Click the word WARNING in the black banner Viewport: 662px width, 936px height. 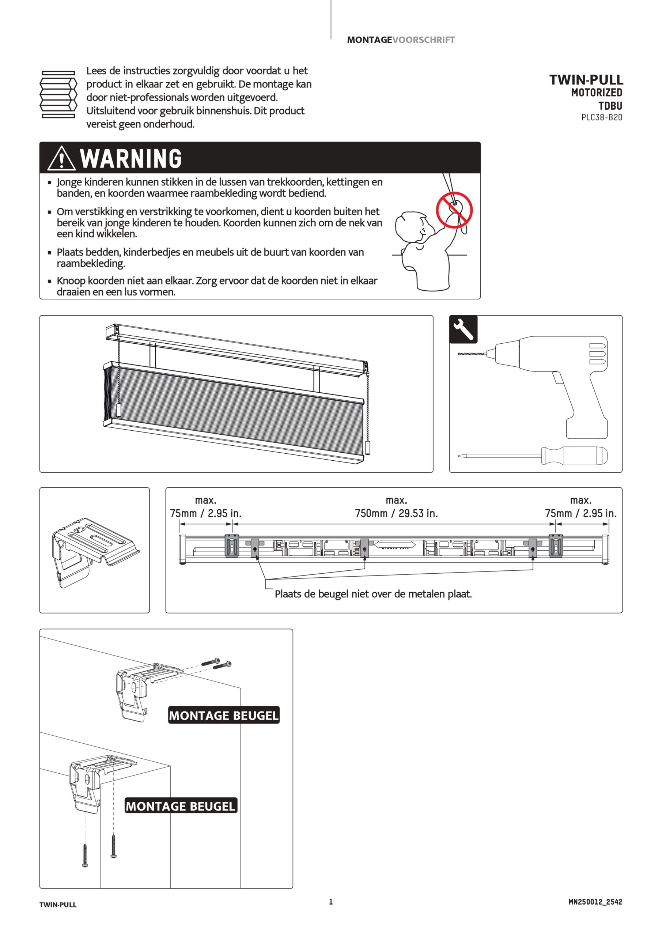[x=131, y=158]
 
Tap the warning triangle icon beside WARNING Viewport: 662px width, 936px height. [x=61, y=158]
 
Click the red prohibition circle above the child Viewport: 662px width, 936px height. [x=454, y=210]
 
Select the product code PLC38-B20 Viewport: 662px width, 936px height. [x=602, y=117]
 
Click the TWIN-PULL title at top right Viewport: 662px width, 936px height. [x=586, y=79]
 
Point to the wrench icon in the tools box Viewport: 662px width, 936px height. [x=463, y=329]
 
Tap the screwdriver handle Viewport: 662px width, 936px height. [x=574, y=455]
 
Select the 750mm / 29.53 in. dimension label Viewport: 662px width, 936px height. [x=396, y=513]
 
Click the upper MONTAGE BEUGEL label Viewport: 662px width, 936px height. [x=224, y=716]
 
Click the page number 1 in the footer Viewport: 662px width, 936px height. [x=331, y=902]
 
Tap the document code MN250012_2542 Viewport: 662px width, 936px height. [x=595, y=902]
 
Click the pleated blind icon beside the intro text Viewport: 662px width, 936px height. [x=58, y=94]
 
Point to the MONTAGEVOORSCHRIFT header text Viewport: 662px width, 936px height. [x=401, y=40]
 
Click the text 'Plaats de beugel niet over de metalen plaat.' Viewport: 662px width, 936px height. [x=373, y=594]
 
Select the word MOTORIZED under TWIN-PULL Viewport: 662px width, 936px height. [x=597, y=93]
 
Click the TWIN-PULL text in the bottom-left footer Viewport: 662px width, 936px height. [x=58, y=905]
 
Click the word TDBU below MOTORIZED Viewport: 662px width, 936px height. [x=610, y=106]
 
